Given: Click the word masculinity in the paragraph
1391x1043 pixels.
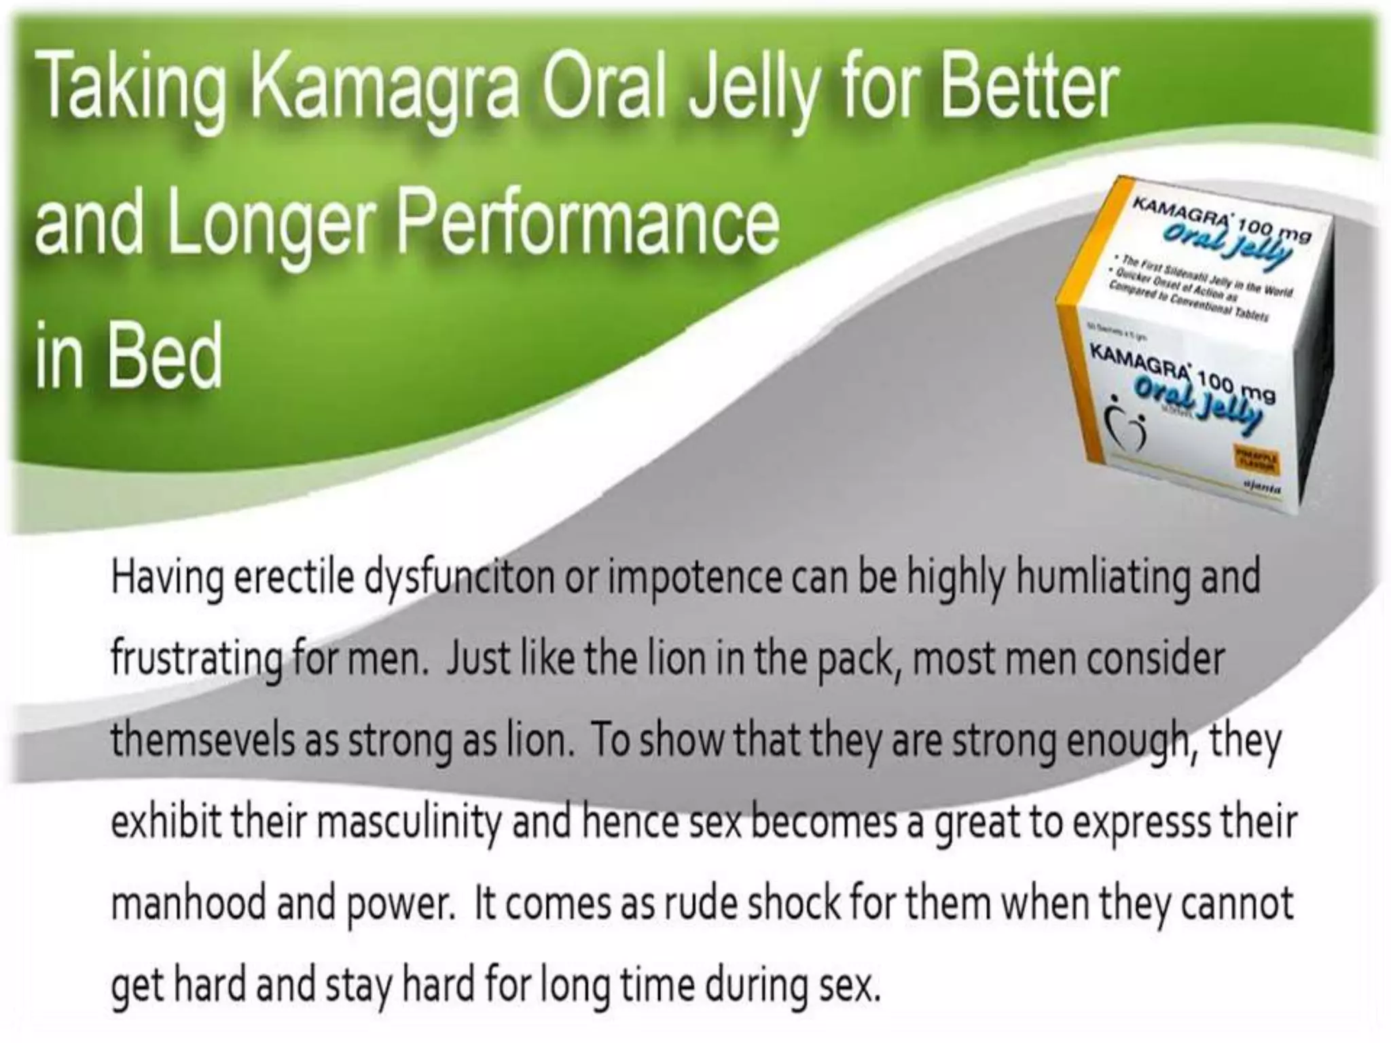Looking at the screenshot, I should point(408,823).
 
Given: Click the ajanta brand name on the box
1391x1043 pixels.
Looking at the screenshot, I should point(1263,488).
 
